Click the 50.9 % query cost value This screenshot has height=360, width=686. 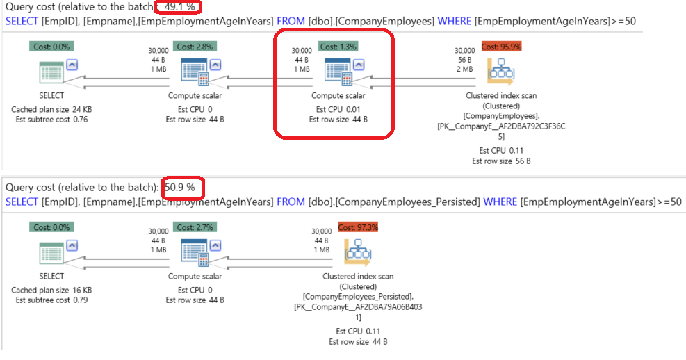pos(183,188)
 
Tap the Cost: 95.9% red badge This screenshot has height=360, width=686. pos(501,47)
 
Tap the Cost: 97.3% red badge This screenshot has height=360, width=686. pos(357,227)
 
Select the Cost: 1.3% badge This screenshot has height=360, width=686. pos(338,47)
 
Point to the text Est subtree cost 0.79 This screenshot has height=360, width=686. pos(51,300)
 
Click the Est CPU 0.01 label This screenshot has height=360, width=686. pos(338,109)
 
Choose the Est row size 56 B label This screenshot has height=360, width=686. pos(500,161)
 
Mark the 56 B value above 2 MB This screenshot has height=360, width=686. pos(465,60)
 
